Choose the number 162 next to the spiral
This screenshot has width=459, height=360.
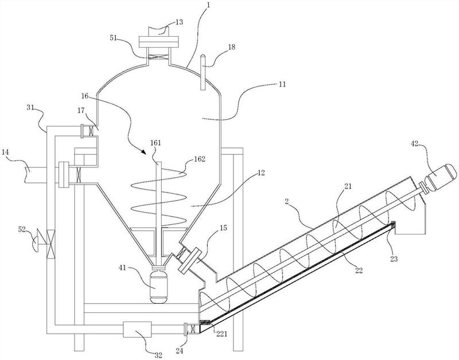pos(199,158)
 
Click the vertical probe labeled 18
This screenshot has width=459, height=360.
pos(203,72)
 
